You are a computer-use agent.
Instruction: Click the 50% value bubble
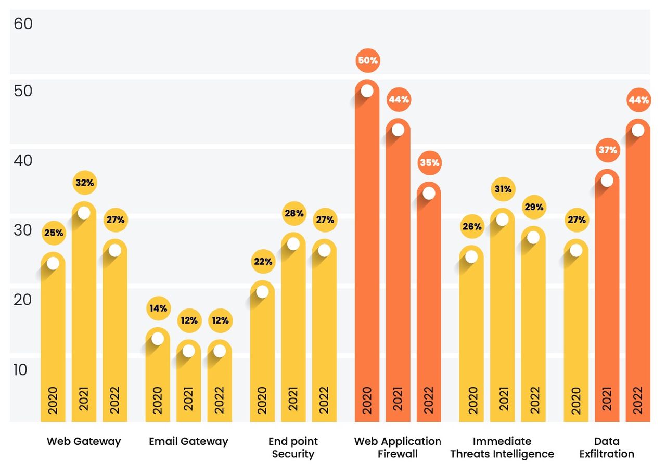point(368,61)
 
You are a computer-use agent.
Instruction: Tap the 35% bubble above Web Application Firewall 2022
point(430,163)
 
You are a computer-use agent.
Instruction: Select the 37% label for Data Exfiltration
point(608,150)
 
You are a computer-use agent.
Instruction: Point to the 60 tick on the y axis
point(23,23)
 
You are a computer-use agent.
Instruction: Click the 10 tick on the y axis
point(20,370)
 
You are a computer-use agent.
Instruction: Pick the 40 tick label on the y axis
point(23,161)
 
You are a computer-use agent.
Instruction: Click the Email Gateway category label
point(188,441)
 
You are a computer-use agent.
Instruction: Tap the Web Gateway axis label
point(84,441)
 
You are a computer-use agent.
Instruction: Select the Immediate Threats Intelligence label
point(502,447)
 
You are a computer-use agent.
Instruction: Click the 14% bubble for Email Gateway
point(159,308)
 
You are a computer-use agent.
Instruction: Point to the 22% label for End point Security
point(263,261)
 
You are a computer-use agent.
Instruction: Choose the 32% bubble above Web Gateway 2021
point(85,183)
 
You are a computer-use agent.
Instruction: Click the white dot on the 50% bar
point(367,91)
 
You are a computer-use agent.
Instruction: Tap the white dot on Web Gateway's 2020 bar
point(53,263)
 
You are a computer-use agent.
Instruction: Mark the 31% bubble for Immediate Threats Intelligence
point(503,189)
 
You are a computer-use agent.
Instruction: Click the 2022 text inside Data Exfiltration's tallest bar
point(638,400)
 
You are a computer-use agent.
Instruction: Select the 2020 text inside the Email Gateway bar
point(157,400)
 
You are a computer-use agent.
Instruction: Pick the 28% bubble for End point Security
point(294,213)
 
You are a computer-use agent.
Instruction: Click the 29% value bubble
point(534,207)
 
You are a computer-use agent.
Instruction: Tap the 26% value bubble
point(472,226)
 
